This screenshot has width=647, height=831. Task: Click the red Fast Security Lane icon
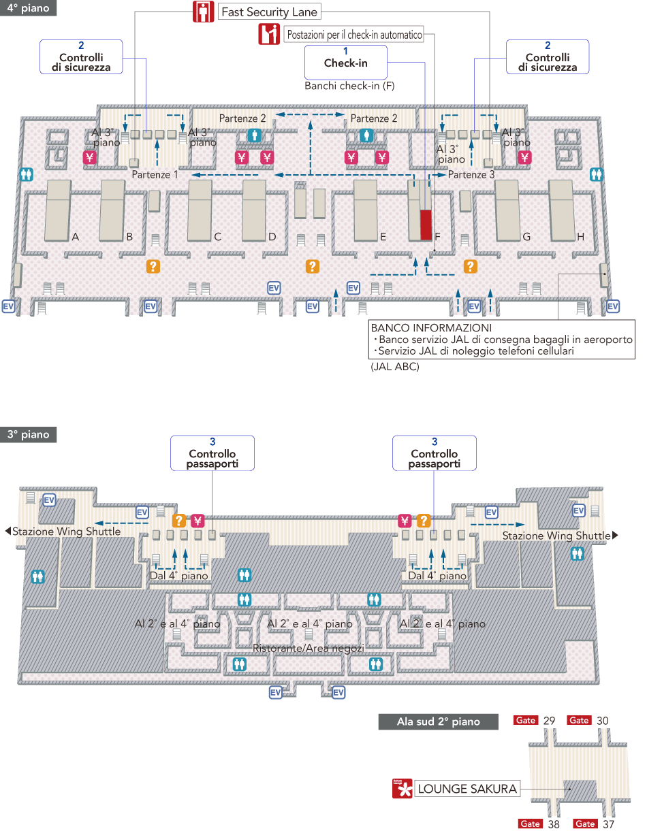[202, 12]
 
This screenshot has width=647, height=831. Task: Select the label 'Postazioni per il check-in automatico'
[354, 34]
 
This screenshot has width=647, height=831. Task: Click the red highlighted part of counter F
[426, 225]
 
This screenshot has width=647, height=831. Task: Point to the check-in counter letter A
[76, 237]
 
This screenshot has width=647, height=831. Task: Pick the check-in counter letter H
[580, 237]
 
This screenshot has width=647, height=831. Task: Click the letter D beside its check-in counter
[272, 237]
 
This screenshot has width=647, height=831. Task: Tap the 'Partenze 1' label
[155, 175]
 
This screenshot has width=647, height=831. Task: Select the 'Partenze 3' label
[471, 175]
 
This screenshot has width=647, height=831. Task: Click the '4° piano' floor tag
[28, 7]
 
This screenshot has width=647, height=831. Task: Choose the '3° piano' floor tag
[28, 435]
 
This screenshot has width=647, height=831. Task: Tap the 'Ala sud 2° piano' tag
[438, 722]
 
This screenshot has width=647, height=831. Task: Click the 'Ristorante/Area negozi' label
[309, 648]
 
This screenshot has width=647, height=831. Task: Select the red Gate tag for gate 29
[526, 721]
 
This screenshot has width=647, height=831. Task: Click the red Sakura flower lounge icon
[402, 789]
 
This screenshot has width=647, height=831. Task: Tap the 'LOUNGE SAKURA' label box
[467, 789]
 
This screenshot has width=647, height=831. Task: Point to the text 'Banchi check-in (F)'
[349, 86]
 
